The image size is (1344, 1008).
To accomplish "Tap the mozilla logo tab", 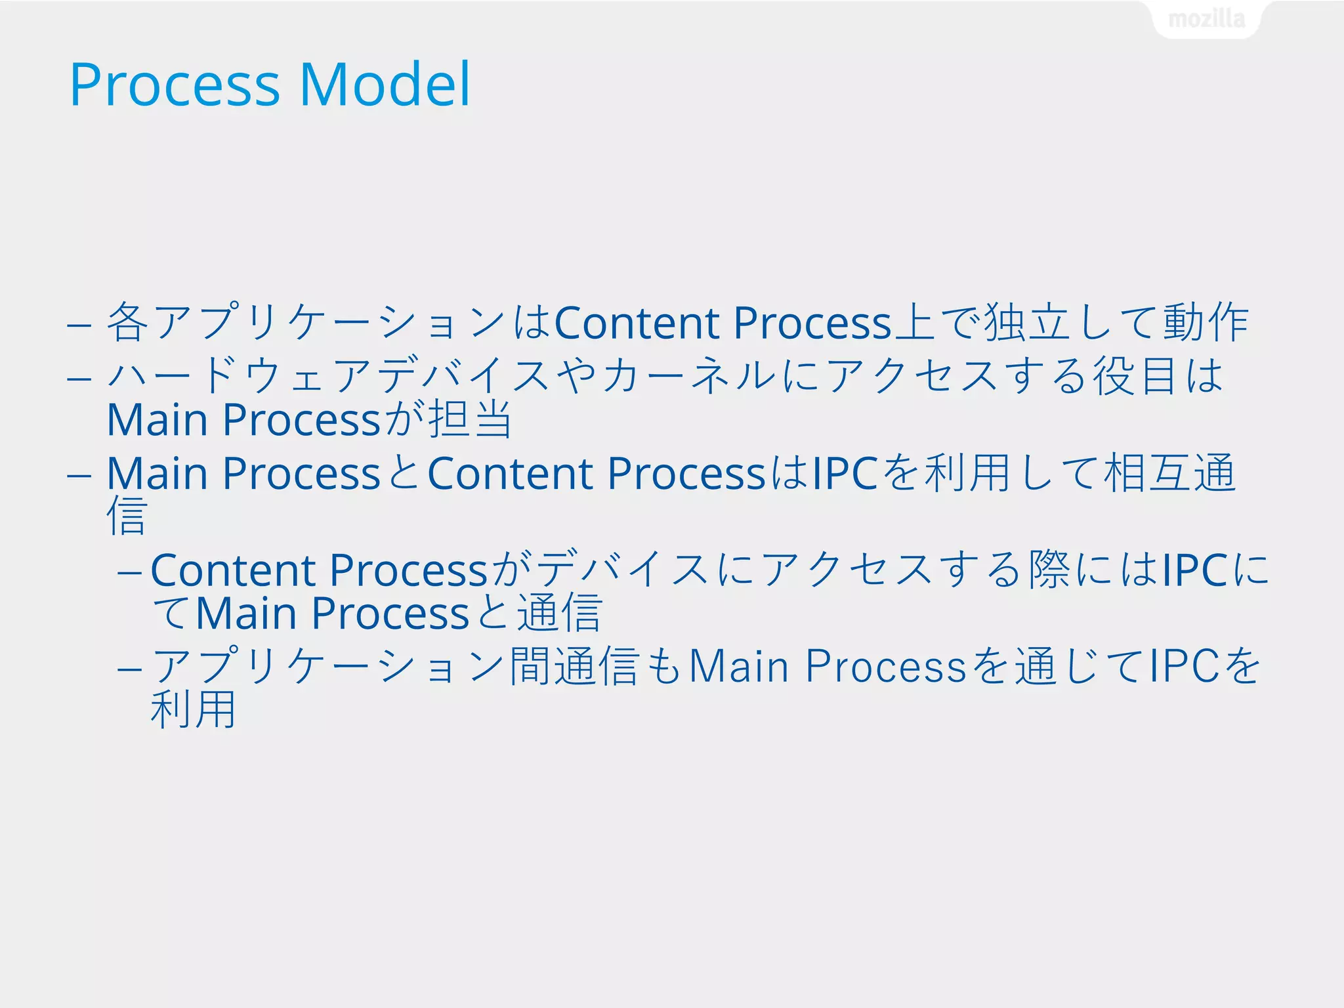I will click(x=1206, y=19).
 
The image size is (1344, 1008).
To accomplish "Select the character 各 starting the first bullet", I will click(x=128, y=322).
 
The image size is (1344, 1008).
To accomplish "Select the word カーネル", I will click(x=688, y=376).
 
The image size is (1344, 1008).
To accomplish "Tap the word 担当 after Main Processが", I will click(x=470, y=419).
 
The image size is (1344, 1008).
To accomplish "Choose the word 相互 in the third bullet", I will click(x=1148, y=472).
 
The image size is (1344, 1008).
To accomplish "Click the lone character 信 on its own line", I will click(x=127, y=516).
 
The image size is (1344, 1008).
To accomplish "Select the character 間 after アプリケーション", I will click(x=530, y=666).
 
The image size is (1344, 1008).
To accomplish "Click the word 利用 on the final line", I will click(x=193, y=709).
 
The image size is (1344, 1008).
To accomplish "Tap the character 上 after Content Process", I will click(x=914, y=322).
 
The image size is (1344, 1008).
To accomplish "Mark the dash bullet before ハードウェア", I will click(x=79, y=379).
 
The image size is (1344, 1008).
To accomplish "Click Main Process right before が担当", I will click(x=243, y=419).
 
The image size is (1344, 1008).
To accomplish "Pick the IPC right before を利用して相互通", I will click(x=845, y=472).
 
